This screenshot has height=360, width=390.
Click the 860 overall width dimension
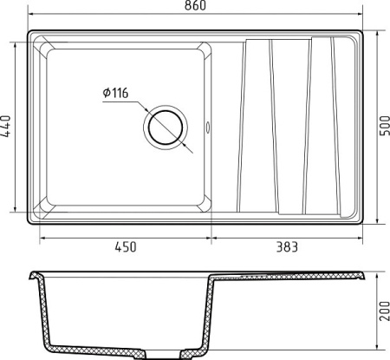195,5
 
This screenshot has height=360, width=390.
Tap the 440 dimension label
6,126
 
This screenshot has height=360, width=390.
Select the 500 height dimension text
384,126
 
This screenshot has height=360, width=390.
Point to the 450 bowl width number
126,247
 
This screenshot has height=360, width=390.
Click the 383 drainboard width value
287,247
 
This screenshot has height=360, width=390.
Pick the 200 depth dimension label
384,311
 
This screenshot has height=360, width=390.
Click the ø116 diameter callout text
115,93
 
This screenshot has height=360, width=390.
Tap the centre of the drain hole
166,128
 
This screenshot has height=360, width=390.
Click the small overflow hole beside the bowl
207,127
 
